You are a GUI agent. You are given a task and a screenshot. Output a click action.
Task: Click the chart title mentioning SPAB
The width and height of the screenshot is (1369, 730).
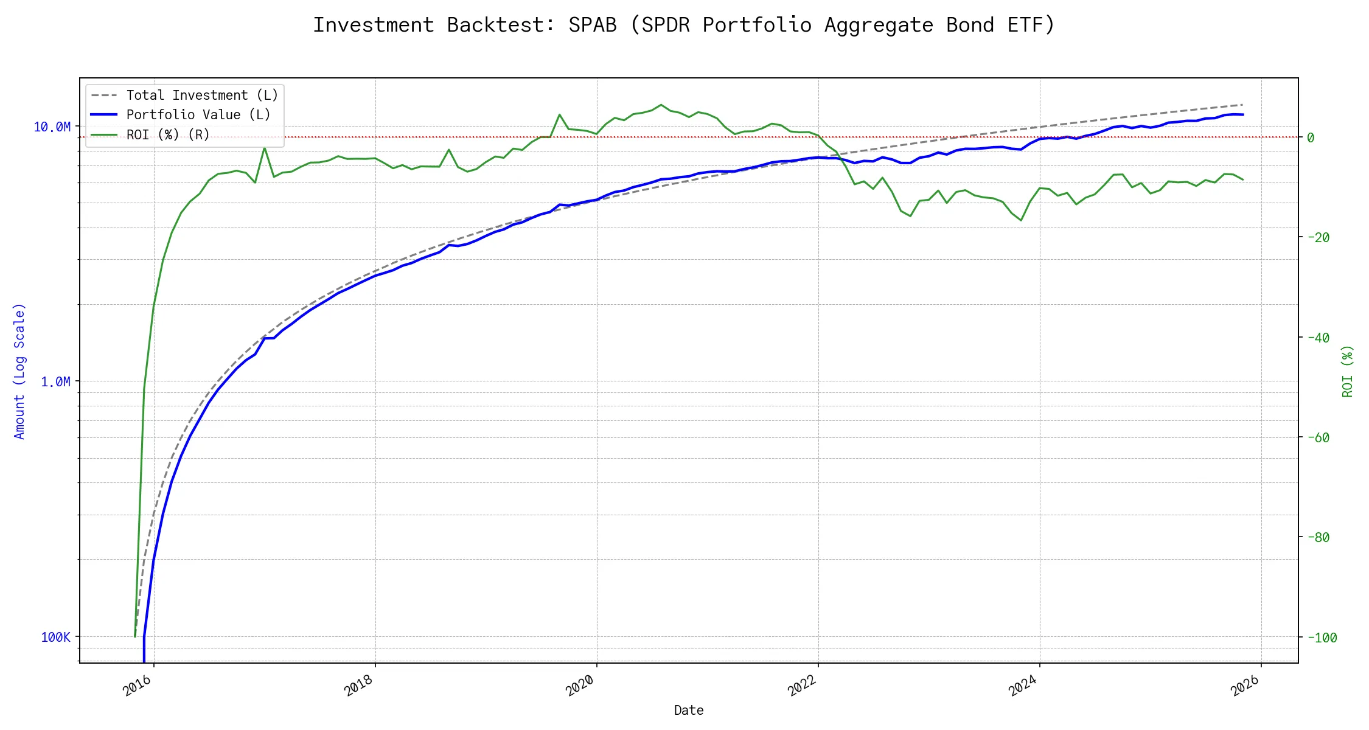pos(683,26)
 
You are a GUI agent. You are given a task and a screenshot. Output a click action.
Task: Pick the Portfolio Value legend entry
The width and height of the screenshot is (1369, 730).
pos(198,115)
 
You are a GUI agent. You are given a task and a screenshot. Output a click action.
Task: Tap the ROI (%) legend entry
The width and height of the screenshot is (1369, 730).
pos(168,134)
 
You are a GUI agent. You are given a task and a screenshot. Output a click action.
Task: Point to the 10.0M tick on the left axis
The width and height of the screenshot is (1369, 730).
pos(52,127)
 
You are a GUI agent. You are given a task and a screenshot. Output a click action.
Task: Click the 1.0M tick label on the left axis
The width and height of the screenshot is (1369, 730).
pos(55,382)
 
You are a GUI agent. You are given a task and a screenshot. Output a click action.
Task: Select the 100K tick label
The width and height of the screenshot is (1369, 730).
pos(56,638)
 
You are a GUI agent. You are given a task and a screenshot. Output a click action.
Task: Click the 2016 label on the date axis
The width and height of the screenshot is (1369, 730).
pos(138,686)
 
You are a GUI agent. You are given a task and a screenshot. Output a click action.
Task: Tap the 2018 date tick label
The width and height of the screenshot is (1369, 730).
pos(359,686)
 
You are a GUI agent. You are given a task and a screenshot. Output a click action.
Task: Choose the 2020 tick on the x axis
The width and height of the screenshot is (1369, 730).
pos(580,686)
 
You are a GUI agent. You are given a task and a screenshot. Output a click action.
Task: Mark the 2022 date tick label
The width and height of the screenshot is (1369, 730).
pos(802,686)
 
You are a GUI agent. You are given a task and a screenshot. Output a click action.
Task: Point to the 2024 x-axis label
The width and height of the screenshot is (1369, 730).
pos(1023,686)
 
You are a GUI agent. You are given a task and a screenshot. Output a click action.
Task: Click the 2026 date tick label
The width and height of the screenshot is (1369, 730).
pos(1245,686)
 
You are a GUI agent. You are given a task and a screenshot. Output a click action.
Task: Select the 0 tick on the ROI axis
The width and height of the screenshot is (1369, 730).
pos(1311,138)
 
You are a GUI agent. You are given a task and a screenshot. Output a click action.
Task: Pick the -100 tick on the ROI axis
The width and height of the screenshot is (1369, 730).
pos(1321,638)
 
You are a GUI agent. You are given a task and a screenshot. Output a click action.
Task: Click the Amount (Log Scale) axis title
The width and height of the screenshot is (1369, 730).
pos(19,371)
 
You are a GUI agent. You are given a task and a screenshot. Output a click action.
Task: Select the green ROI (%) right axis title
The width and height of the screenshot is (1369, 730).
pos(1348,371)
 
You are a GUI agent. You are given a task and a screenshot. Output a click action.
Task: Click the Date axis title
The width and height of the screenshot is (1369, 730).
pos(689,711)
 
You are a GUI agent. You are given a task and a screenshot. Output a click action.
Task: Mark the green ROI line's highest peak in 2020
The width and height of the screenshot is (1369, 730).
pos(661,105)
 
